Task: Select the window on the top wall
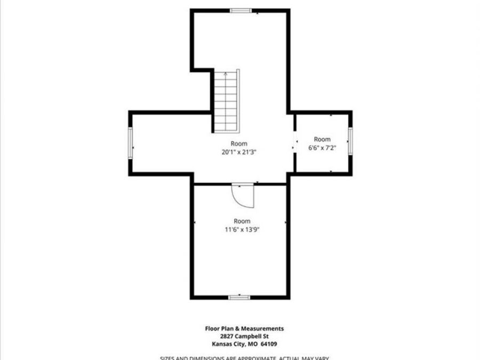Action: coord(241,10)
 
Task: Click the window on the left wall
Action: coord(130,142)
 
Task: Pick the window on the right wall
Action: coord(350,141)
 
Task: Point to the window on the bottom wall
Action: coord(239,297)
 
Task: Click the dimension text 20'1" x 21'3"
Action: coord(239,152)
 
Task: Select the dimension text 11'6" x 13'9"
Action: coord(242,229)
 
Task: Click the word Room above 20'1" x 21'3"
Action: coord(239,143)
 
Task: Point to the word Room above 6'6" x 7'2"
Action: coord(322,139)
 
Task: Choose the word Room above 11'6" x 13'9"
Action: coord(242,221)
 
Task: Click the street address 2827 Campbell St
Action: coord(245,336)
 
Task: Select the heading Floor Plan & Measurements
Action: coord(245,329)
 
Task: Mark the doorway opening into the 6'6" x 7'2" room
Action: coord(294,142)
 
